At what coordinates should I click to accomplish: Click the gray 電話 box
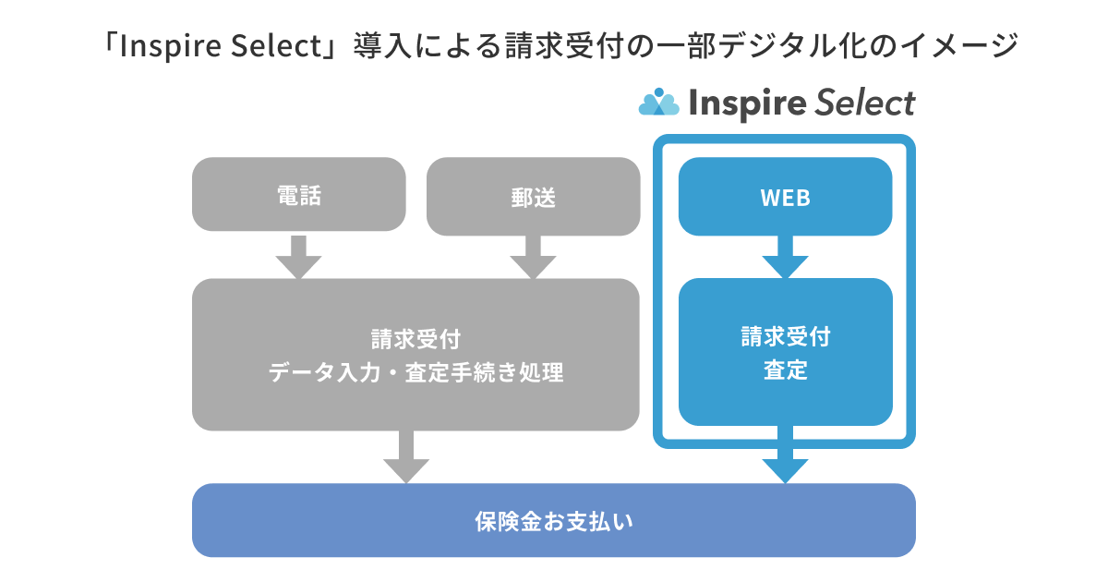pos(298,194)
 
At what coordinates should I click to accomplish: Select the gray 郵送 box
pos(533,194)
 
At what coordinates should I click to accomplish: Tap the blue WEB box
pos(785,197)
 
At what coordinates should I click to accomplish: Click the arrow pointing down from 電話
pos(298,256)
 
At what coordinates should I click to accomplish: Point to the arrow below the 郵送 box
pos(533,256)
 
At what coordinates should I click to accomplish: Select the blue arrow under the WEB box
pos(785,257)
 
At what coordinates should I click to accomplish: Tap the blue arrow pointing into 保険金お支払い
pos(785,457)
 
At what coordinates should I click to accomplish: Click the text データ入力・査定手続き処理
pos(415,374)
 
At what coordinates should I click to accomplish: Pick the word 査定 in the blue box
pos(785,370)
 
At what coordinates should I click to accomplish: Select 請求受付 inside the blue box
pos(785,336)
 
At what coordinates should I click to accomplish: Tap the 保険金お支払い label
pos(553,521)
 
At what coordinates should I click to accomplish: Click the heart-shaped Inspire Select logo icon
pos(658,103)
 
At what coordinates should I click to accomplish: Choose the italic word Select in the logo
pos(864,103)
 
